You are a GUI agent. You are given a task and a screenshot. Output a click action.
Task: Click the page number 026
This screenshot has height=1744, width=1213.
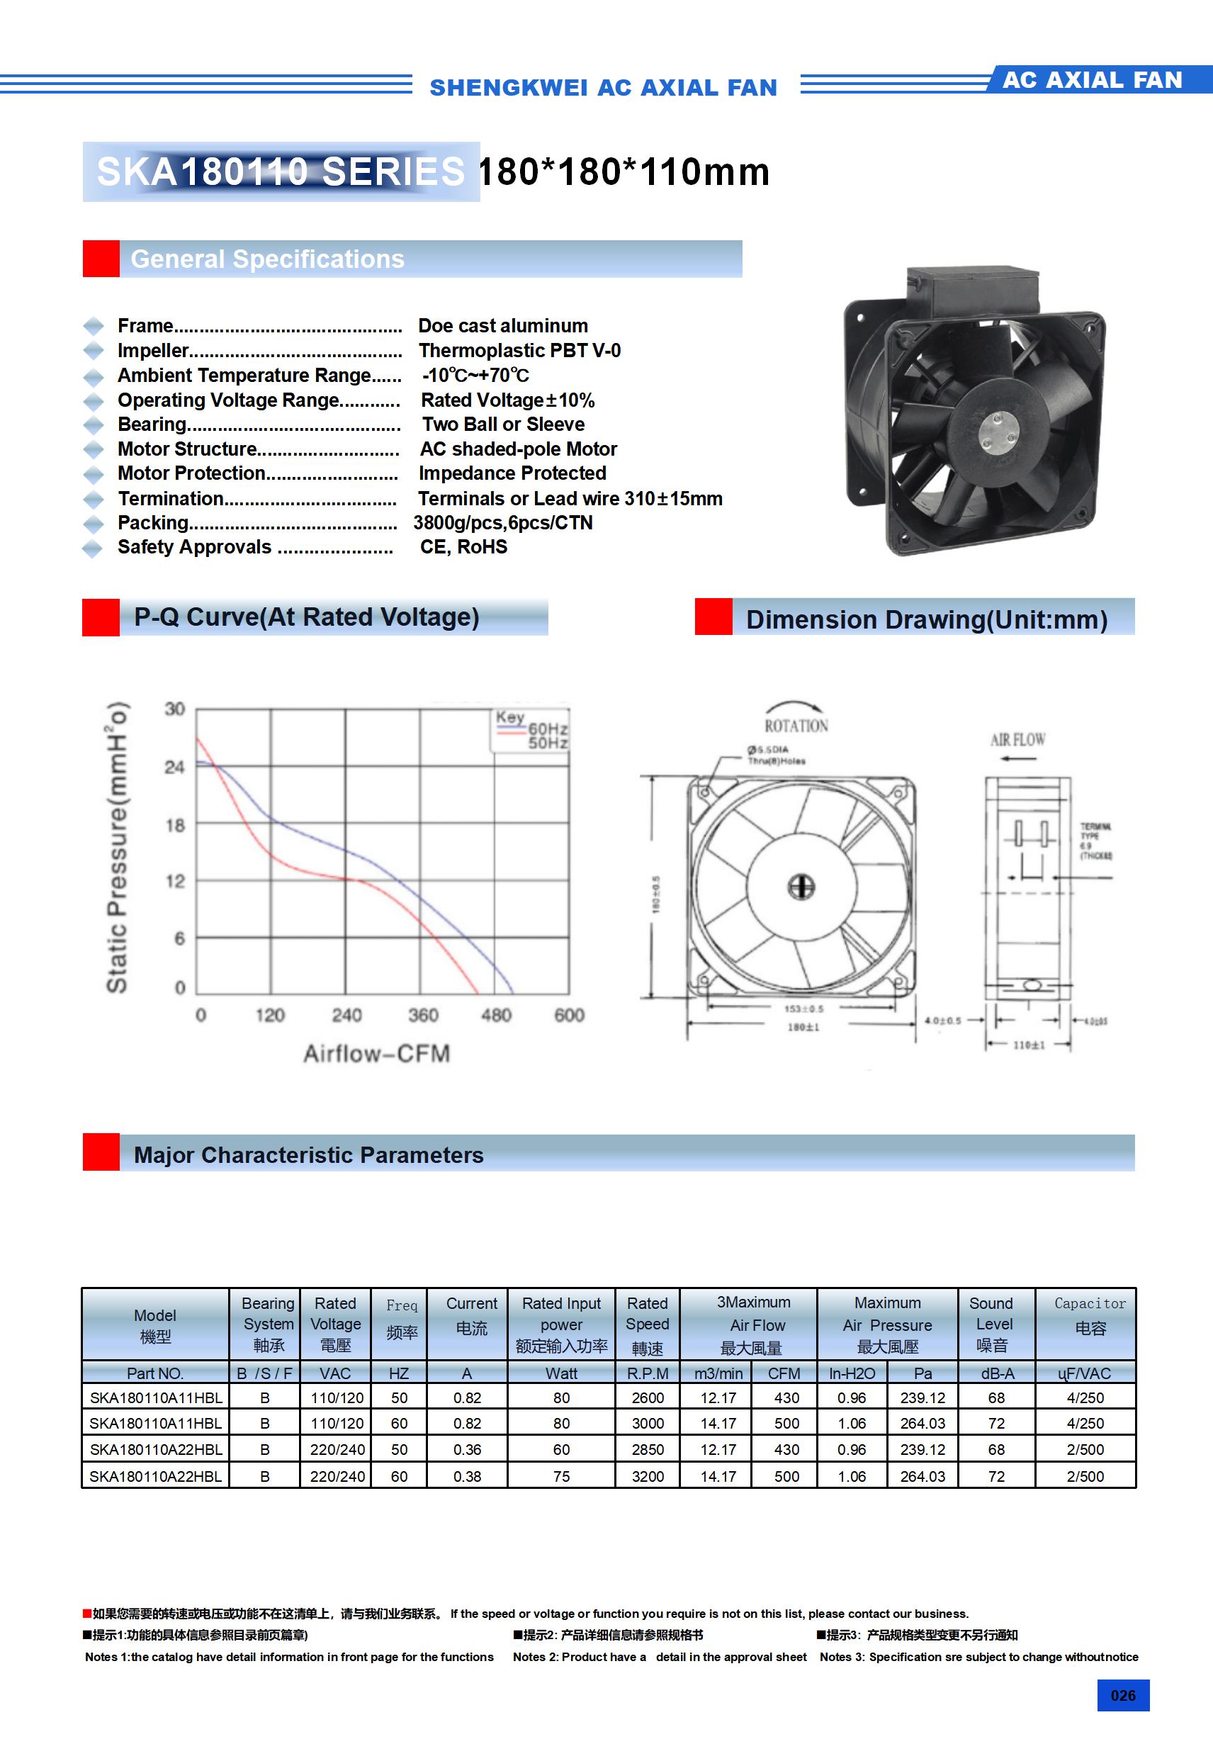pyautogui.click(x=1122, y=1695)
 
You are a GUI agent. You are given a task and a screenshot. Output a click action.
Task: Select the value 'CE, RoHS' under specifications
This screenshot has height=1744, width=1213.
pyautogui.click(x=463, y=547)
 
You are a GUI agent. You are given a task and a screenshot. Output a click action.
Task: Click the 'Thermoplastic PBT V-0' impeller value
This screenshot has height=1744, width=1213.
pyautogui.click(x=519, y=350)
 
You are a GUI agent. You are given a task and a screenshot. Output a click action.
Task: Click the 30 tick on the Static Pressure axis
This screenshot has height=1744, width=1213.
pyautogui.click(x=175, y=709)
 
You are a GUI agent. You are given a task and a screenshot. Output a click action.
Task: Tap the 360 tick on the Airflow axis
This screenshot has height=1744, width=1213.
pyautogui.click(x=423, y=1015)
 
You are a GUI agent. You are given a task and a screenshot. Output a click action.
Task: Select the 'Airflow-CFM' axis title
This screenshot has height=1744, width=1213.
pyautogui.click(x=377, y=1054)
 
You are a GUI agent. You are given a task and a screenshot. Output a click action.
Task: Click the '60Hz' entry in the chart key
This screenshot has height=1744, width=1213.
pyautogui.click(x=548, y=728)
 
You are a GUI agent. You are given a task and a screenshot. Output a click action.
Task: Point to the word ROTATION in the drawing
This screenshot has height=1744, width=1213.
pyautogui.click(x=796, y=726)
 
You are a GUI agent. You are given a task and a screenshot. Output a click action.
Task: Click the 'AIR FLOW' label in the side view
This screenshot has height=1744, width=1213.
pyautogui.click(x=1017, y=740)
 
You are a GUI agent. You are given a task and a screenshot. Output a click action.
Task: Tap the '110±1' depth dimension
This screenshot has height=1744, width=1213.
pyautogui.click(x=1029, y=1045)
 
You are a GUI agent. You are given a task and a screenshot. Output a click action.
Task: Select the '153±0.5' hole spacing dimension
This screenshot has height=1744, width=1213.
pyautogui.click(x=803, y=1008)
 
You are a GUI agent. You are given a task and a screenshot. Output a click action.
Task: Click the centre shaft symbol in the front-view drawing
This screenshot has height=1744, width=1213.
pyautogui.click(x=801, y=887)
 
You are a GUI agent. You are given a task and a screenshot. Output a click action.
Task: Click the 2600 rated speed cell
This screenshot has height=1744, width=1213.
pyautogui.click(x=648, y=1397)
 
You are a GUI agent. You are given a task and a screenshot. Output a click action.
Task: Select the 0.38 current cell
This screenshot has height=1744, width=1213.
pyautogui.click(x=467, y=1476)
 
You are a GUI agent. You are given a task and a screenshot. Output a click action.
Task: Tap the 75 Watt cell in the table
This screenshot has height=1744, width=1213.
pyautogui.click(x=561, y=1476)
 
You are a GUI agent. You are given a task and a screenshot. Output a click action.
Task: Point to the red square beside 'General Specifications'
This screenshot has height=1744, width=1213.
pyautogui.click(x=101, y=259)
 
